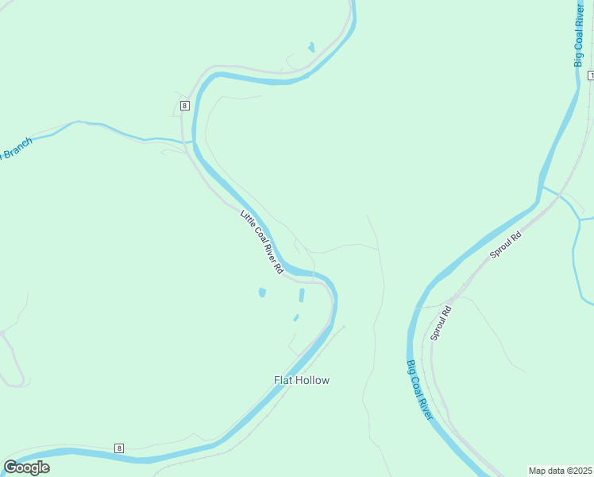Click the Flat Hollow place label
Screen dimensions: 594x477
pyautogui.click(x=302, y=380)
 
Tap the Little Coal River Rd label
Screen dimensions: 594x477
pyautogui.click(x=262, y=242)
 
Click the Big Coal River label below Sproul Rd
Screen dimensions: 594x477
pyautogui.click(x=419, y=390)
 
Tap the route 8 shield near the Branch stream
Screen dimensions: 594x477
pyautogui.click(x=184, y=105)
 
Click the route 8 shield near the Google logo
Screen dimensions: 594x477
pyautogui.click(x=119, y=448)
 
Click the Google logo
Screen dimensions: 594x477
pyautogui.click(x=26, y=467)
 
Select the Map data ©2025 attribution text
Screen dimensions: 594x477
pyautogui.click(x=560, y=471)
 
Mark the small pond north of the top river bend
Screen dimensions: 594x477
pyautogui.click(x=311, y=47)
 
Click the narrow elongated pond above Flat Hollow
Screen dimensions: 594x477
pyautogui.click(x=302, y=296)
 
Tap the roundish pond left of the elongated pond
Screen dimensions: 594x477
pyautogui.click(x=262, y=293)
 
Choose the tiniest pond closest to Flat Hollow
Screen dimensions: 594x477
pyautogui.click(x=296, y=318)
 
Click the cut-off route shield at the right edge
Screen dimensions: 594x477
pyautogui.click(x=590, y=75)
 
